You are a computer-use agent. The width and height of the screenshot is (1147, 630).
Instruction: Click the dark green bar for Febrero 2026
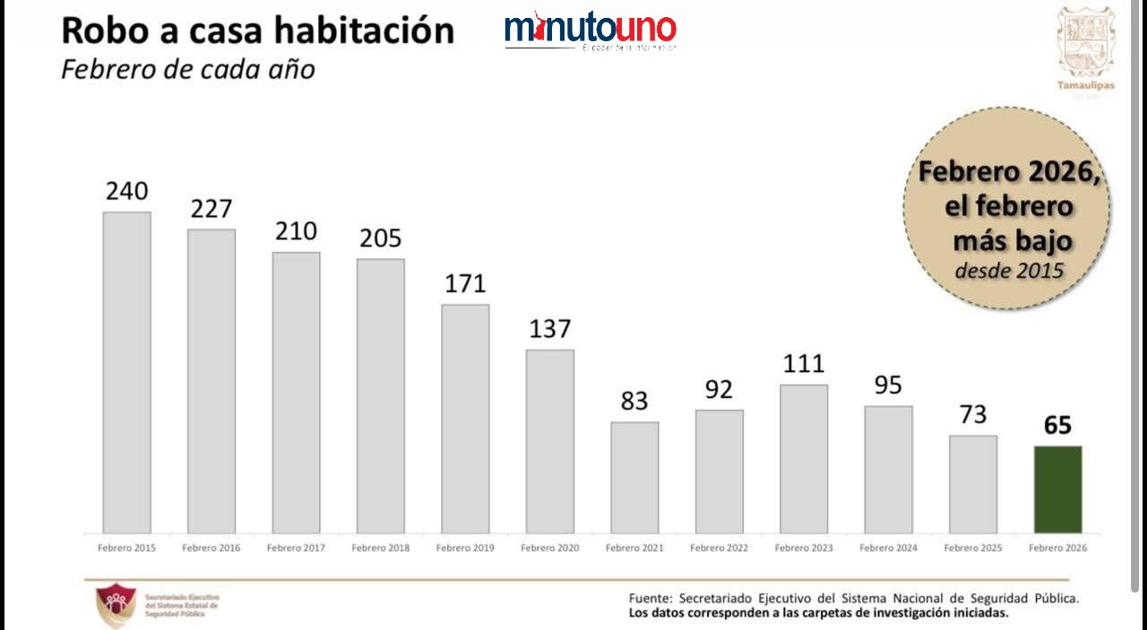(1057, 489)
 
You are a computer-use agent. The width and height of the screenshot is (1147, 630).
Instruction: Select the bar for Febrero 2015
(126, 373)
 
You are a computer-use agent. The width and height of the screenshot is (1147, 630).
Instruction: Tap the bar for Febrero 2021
(634, 478)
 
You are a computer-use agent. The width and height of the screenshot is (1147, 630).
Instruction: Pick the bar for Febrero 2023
(804, 459)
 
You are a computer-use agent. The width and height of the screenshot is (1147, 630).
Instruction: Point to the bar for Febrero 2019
(465, 419)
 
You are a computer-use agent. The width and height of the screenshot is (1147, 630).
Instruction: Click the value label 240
(126, 192)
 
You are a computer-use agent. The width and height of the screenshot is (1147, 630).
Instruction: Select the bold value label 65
(1057, 425)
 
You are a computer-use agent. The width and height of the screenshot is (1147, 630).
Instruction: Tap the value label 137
(549, 329)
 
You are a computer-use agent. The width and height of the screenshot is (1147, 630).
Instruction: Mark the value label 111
(804, 364)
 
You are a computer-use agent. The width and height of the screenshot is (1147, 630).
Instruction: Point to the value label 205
(381, 238)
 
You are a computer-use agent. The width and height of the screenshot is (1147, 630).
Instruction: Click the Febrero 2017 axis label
(296, 548)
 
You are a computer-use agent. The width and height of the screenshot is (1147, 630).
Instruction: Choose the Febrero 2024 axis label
(888, 548)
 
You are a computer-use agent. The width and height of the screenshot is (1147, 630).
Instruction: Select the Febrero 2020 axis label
(549, 548)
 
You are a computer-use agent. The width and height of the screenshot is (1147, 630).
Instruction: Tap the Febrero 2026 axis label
(1057, 548)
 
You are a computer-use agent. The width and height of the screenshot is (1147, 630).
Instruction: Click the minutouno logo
(590, 30)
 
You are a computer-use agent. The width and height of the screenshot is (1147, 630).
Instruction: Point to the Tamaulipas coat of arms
(1086, 41)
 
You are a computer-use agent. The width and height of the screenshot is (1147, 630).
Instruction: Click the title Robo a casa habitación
(257, 30)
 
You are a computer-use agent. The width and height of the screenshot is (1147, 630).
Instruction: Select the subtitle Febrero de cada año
(188, 69)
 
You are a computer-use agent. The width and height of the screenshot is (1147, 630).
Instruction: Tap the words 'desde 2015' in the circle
(1009, 270)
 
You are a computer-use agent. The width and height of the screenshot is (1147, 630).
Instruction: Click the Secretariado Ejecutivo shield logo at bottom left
(116, 604)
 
